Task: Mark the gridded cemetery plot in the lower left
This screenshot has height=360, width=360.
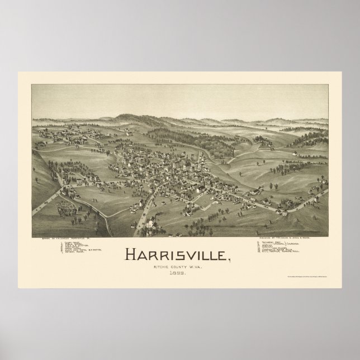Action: click(68, 209)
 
